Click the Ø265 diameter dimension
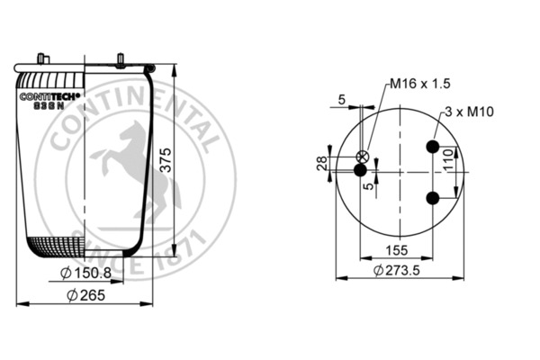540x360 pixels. tap(85, 297)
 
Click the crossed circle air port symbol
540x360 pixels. tap(365, 155)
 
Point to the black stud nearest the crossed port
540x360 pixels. tap(360, 169)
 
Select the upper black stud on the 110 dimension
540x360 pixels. tap(433, 147)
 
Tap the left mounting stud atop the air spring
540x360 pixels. tap(40, 58)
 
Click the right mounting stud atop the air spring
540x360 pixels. tap(119, 61)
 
